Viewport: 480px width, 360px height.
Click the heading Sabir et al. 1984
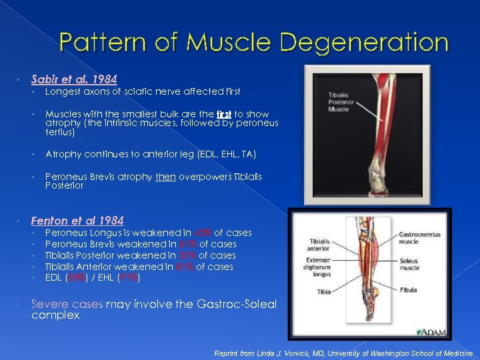[x=74, y=79]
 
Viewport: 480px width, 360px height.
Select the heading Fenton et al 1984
[x=77, y=220]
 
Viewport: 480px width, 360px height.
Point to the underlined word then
[x=165, y=177]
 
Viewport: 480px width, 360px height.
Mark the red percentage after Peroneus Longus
[x=201, y=233]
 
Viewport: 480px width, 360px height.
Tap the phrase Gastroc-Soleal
[x=237, y=304]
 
